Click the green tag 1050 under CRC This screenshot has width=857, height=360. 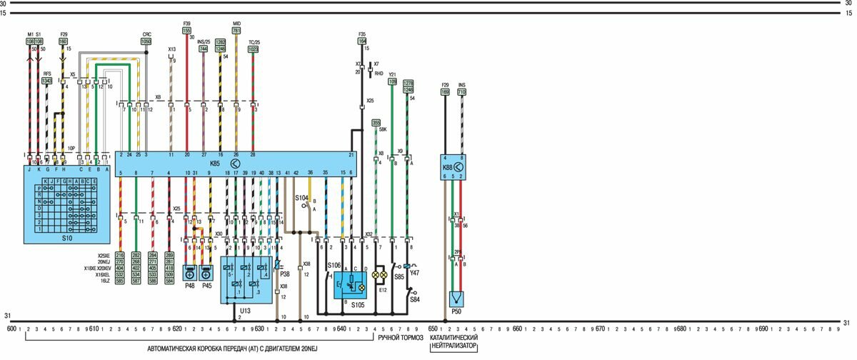pos(146,42)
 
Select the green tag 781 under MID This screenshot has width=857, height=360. pos(236,31)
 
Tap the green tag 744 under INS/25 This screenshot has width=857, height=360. pos(204,49)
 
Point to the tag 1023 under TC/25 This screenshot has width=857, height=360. pos(254,49)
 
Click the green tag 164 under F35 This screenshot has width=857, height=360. pos(362,41)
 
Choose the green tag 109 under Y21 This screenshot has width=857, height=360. pos(392,81)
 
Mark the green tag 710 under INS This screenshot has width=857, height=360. pos(461,92)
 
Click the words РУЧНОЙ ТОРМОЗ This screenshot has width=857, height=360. pos(401,337)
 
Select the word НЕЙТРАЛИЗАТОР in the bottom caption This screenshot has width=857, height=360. pos(454,346)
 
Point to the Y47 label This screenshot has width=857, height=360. pos(415,273)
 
